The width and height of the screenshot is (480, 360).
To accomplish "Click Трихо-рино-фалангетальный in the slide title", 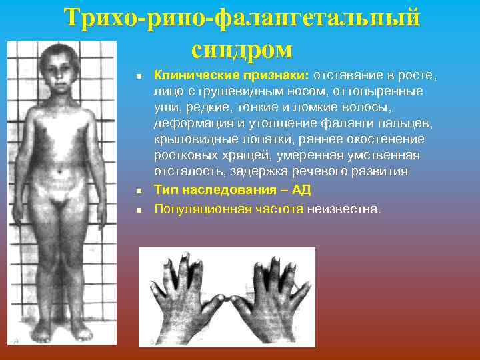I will click(x=243, y=18).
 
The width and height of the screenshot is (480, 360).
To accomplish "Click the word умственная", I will click(x=381, y=155).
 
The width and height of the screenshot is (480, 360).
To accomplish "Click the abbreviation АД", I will click(x=302, y=189).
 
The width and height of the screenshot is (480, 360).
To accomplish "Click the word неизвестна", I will click(x=344, y=209).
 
